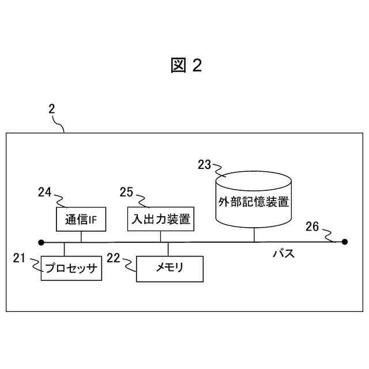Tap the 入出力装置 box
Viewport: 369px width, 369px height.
tap(158, 219)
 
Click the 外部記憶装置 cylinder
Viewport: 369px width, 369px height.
tap(253, 202)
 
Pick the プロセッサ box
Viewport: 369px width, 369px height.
tap(71, 269)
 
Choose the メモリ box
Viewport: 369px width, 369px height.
tap(170, 269)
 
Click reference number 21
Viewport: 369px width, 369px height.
tap(20, 258)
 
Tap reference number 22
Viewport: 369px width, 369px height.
tap(114, 258)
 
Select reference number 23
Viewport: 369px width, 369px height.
tap(205, 165)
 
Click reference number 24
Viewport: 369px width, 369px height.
tap(46, 192)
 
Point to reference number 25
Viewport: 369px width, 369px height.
tap(127, 192)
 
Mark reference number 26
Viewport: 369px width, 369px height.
tap(312, 227)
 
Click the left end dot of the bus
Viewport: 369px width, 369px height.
tap(41, 242)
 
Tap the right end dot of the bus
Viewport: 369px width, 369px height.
tap(345, 242)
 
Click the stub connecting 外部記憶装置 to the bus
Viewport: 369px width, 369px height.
tap(253, 235)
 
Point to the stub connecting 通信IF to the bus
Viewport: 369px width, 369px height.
tap(81, 236)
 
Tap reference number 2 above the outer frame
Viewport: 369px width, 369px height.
tap(51, 108)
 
